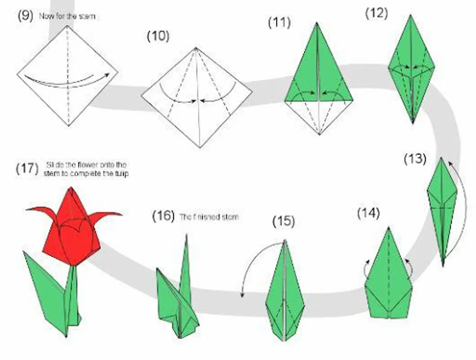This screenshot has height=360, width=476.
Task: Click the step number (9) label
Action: (x=25, y=16)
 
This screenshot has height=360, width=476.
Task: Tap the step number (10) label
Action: (x=158, y=36)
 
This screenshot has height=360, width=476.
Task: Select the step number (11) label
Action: (x=279, y=23)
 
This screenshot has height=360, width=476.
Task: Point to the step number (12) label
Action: (x=376, y=13)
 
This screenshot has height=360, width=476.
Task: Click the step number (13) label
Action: (x=415, y=159)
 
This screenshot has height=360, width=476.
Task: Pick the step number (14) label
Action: (x=368, y=213)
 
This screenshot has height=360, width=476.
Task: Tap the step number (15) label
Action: (x=283, y=221)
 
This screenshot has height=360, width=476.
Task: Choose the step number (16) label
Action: (x=163, y=216)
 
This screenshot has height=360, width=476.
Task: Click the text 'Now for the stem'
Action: (x=67, y=17)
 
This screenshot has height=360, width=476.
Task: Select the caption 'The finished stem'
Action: (x=209, y=217)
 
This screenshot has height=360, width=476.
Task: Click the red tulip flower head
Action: (x=72, y=232)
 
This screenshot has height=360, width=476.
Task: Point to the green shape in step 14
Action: (x=388, y=280)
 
